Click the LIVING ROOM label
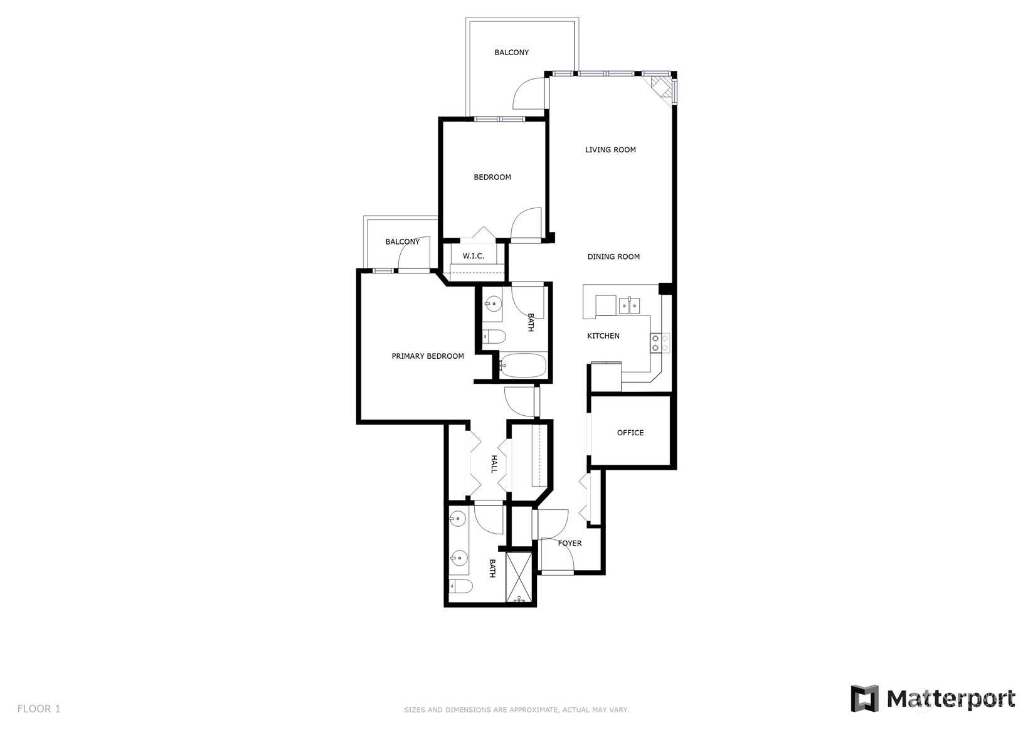(610, 150)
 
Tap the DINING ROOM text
(613, 257)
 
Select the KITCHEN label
(603, 336)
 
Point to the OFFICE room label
(630, 433)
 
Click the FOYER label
(570, 543)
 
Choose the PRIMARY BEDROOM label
(428, 356)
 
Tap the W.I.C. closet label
(474, 256)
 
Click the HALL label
(494, 464)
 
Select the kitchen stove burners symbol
(660, 343)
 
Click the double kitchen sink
(629, 305)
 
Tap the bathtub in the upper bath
(523, 366)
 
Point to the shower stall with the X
(519, 577)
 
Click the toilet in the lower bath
(461, 586)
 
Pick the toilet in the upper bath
(494, 337)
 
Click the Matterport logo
(933, 699)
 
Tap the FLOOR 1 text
(39, 709)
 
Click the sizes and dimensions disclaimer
(517, 710)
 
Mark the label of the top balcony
(511, 53)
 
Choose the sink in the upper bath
(493, 304)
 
